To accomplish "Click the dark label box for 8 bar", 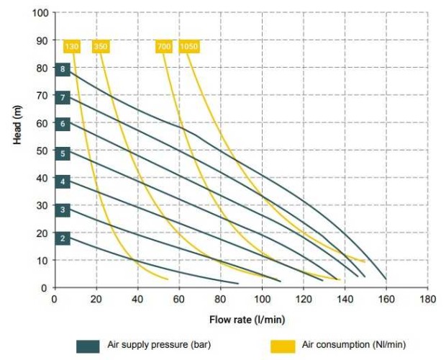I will pyautogui.click(x=63, y=69).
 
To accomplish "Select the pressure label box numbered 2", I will pyautogui.click(x=63, y=238).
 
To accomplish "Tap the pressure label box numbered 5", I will pyautogui.click(x=63, y=153).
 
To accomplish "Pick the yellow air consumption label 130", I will pyautogui.click(x=71, y=47).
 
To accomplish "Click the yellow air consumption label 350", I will pyautogui.click(x=101, y=47).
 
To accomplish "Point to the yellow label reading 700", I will pyautogui.click(x=163, y=47).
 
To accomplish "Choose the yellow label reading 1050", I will pyautogui.click(x=189, y=47).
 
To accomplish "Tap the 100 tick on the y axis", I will pyautogui.click(x=40, y=14).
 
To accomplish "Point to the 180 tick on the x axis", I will pyautogui.click(x=428, y=298).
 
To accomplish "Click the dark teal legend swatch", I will pyautogui.click(x=88, y=346).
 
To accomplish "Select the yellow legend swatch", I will pyautogui.click(x=283, y=346).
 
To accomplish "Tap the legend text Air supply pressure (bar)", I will pyautogui.click(x=159, y=345).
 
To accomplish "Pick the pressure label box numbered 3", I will pyautogui.click(x=63, y=210).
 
